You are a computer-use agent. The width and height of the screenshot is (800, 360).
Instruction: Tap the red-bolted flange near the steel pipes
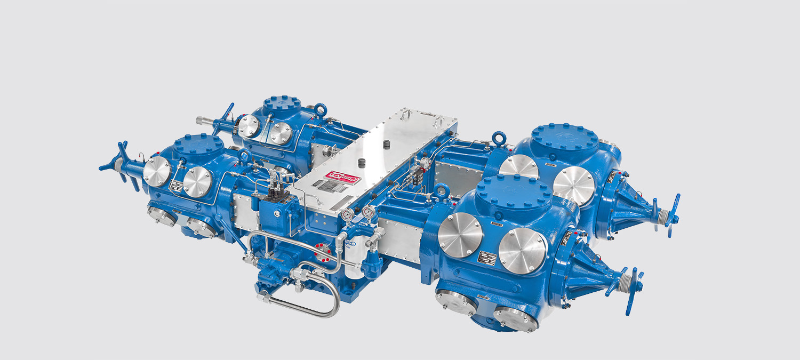coord(321,249)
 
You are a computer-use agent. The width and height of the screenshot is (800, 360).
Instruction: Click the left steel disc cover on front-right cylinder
coord(460,235)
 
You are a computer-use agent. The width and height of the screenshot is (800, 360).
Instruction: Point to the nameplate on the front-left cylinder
coord(177,186)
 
